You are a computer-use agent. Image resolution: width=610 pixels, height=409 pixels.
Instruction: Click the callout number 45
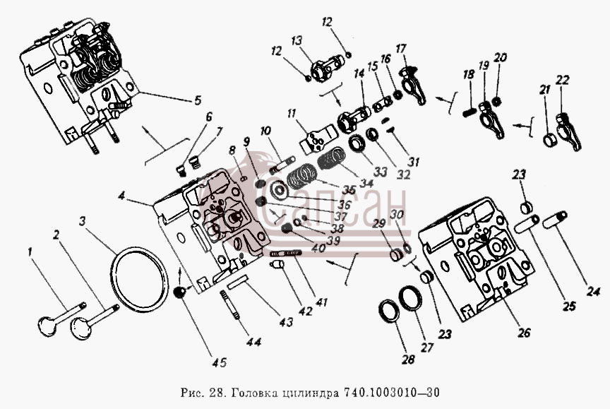[219, 362]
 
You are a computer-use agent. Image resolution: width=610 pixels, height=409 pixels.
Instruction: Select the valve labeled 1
[61, 319]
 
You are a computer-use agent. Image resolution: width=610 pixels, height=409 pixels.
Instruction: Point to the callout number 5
[198, 100]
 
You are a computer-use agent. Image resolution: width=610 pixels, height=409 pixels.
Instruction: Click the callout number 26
[524, 333]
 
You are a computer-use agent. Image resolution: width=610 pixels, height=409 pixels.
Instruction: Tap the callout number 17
[401, 49]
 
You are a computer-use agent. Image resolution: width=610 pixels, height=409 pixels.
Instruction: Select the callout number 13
[297, 40]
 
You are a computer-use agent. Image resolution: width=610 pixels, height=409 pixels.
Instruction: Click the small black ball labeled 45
[179, 292]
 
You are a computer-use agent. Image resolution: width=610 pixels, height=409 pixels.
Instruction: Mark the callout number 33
[381, 171]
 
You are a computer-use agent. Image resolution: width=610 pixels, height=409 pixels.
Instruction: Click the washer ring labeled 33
[357, 144]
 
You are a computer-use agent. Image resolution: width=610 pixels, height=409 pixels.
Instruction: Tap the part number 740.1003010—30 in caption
[391, 392]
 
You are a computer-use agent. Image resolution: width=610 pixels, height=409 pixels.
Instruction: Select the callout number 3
[82, 221]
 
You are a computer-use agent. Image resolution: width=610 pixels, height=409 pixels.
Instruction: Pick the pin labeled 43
[238, 282]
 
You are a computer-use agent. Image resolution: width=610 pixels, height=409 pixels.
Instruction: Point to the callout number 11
[292, 114]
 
